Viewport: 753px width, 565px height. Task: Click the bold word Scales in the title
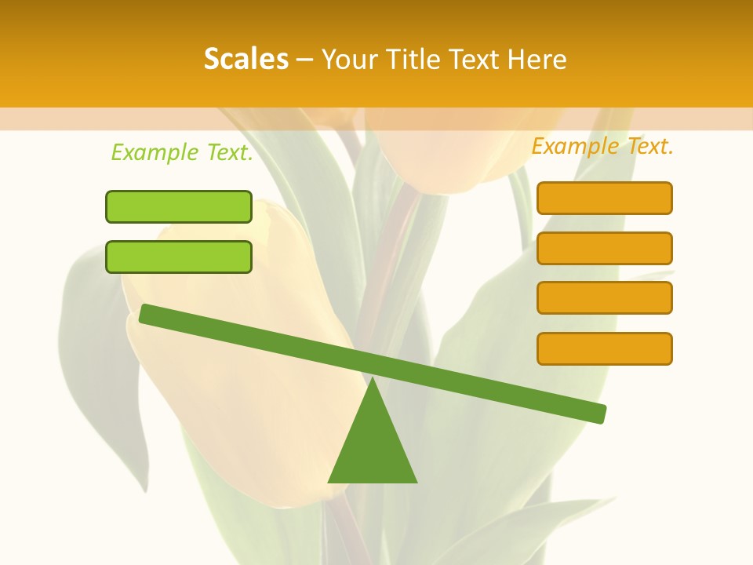(246, 60)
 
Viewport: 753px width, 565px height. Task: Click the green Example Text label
(182, 152)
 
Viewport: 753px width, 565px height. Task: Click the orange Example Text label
(602, 146)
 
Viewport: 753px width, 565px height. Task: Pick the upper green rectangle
(179, 206)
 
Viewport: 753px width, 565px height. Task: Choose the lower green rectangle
(179, 257)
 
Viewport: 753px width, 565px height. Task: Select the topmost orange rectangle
(604, 198)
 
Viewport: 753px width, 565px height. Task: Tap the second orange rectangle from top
(604, 248)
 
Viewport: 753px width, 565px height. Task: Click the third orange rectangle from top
(604, 298)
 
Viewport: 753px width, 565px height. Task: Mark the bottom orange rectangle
(604, 348)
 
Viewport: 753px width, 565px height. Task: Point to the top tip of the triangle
(373, 381)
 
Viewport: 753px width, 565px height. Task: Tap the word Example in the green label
(155, 152)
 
